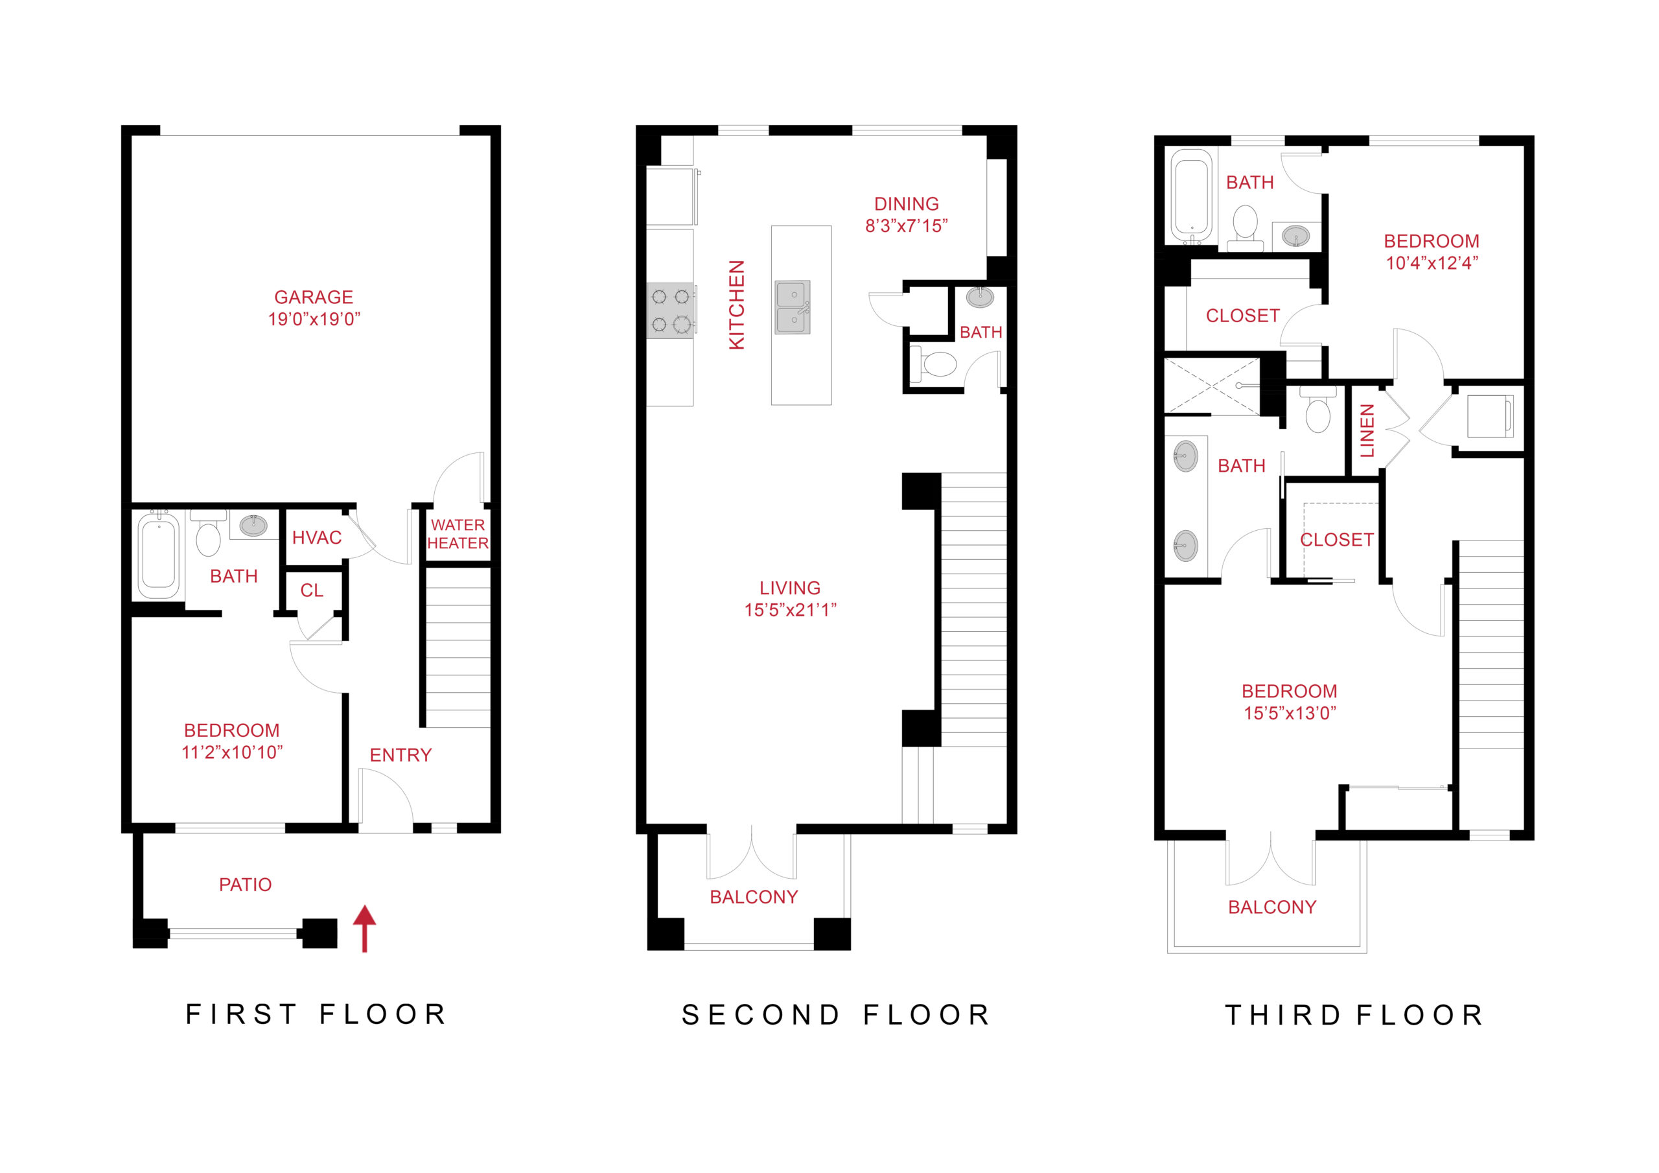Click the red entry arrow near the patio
pos(364,928)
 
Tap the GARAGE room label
pos(314,297)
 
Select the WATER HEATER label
pos(458,534)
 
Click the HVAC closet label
pos(316,538)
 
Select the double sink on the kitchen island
pos(793,307)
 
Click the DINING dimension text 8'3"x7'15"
pos(906,226)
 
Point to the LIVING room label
pos(790,588)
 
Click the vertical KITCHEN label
pos(736,305)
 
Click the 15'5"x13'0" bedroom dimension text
pos(1289,714)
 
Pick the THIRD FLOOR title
pos(1354,1015)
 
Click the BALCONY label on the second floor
pos(754,897)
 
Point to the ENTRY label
pos(400,755)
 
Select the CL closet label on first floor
pos(312,590)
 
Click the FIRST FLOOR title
pos(316,1014)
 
